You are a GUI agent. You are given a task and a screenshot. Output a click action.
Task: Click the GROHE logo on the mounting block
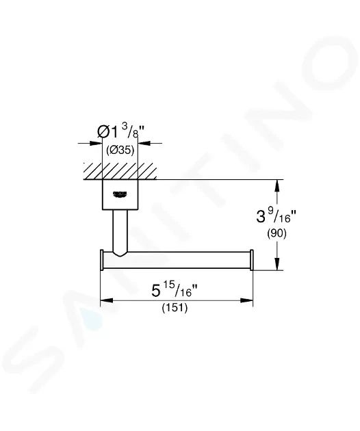tap(120, 194)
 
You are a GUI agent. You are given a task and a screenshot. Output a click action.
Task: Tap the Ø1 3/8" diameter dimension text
tap(120, 131)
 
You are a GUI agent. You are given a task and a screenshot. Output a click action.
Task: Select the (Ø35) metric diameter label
tap(120, 150)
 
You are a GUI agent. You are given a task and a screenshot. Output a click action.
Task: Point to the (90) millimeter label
tap(277, 233)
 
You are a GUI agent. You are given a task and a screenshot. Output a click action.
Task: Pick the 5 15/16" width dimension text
tap(175, 290)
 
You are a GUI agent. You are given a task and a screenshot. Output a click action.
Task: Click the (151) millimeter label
tap(175, 308)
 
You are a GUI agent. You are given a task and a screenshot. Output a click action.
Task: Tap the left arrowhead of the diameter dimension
tap(96, 143)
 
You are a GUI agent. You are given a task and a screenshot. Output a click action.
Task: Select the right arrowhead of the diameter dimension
tap(144, 143)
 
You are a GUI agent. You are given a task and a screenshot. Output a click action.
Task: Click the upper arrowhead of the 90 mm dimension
tap(277, 186)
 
